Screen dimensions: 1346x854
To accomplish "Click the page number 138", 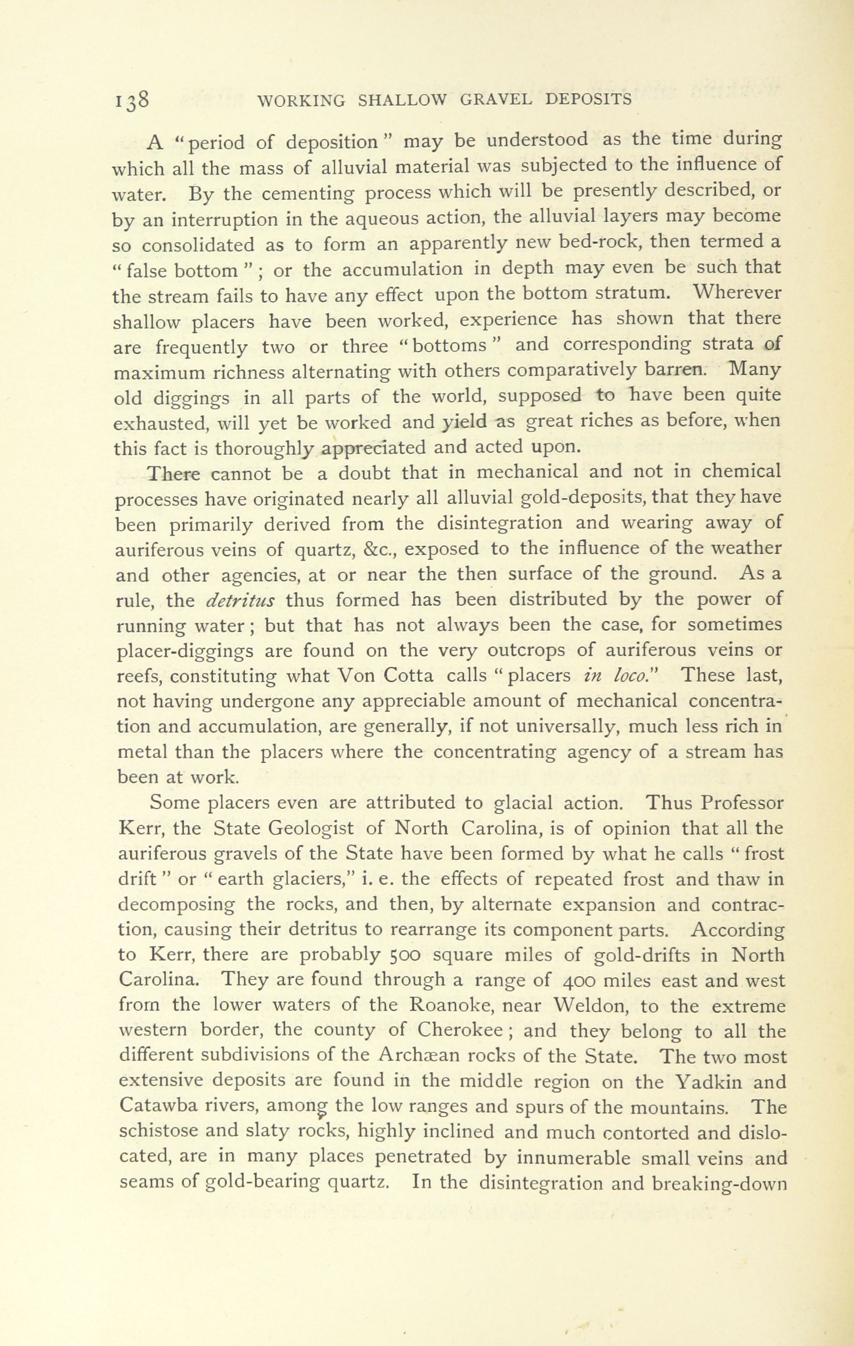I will point(132,100).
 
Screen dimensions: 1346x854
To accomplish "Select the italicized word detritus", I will point(240,600).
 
